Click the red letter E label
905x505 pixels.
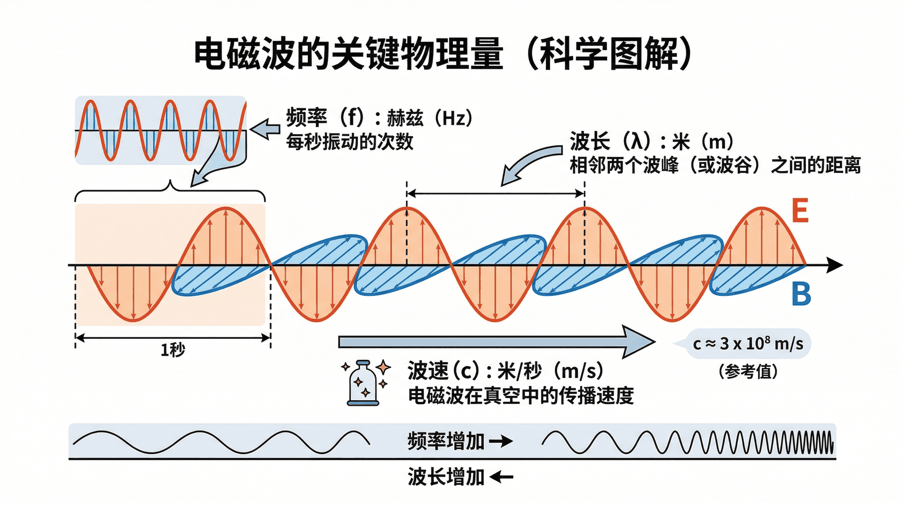(x=800, y=211)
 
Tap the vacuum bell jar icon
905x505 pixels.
(x=363, y=383)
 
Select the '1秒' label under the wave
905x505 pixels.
(x=173, y=350)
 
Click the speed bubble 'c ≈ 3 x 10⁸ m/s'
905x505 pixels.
(x=748, y=344)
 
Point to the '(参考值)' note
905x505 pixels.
(x=748, y=372)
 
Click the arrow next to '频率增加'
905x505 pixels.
(x=501, y=441)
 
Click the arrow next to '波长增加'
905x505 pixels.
(x=501, y=478)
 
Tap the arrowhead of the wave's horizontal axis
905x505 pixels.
(x=835, y=265)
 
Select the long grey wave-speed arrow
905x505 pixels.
(x=495, y=342)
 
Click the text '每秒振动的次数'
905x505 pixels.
(x=350, y=142)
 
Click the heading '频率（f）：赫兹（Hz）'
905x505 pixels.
(x=379, y=118)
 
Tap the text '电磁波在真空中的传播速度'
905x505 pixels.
(x=521, y=396)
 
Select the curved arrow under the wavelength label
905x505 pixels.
(x=528, y=165)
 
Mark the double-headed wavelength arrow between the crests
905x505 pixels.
(x=496, y=193)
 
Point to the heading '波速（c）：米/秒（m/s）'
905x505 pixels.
(x=505, y=371)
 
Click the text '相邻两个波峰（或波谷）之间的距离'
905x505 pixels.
(x=715, y=165)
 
